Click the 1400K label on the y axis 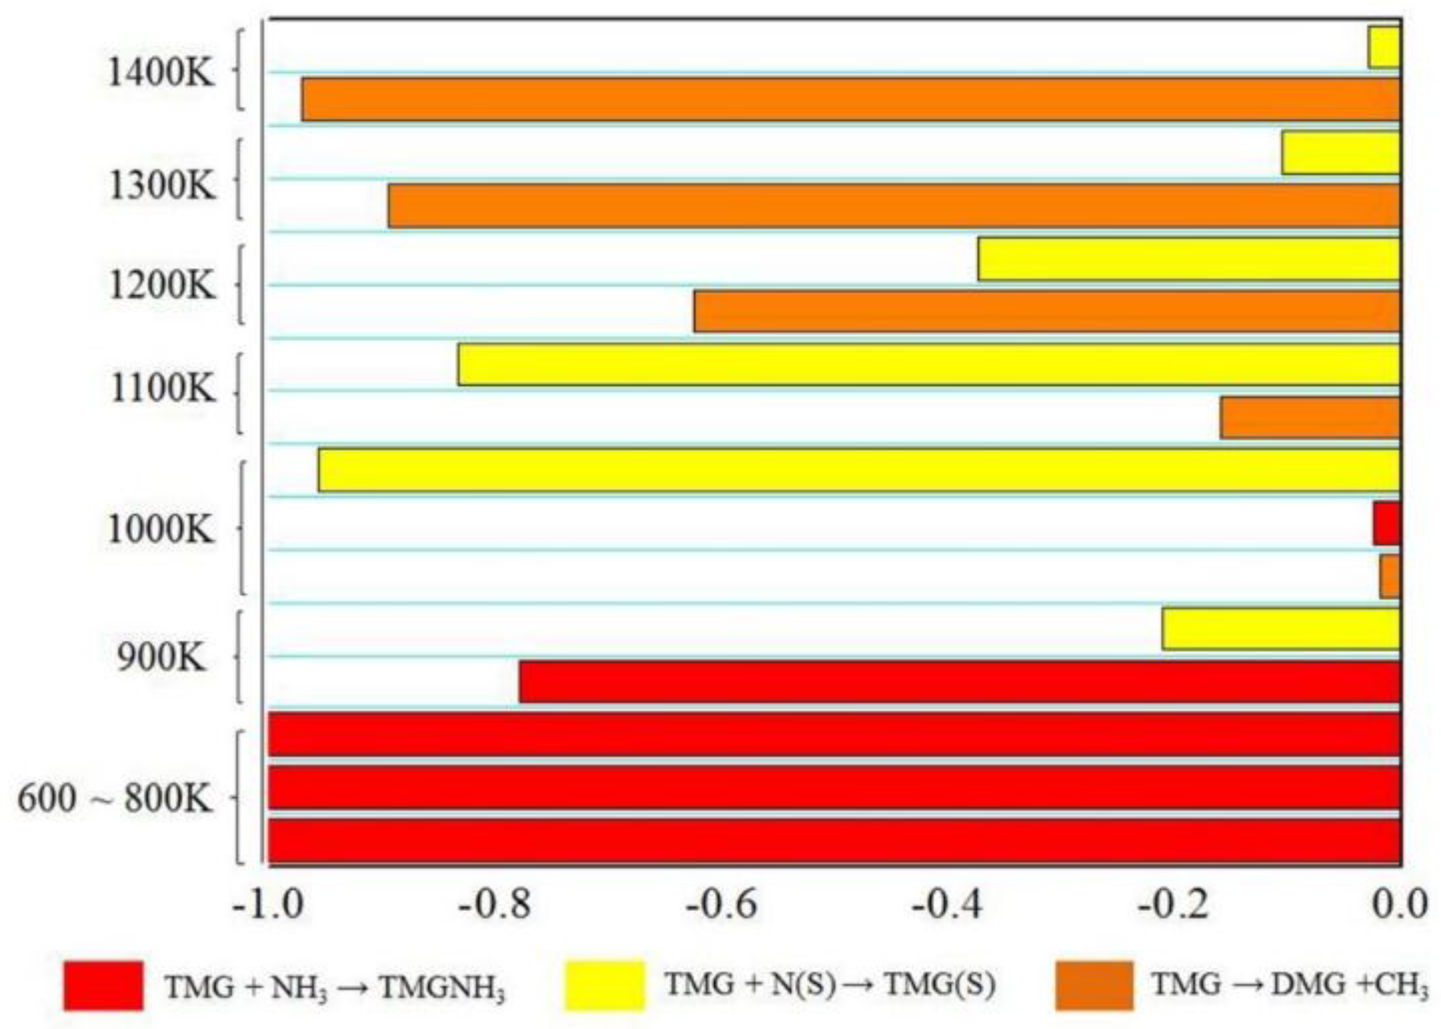162,72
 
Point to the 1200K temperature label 162,286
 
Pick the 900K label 161,659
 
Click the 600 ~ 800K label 115,799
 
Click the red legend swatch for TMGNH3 103,985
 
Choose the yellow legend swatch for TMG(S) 604,985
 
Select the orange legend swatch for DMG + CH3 1095,985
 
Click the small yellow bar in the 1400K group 1384,48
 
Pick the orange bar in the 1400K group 850,99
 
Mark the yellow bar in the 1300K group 1340,153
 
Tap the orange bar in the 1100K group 1310,417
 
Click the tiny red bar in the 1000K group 1386,523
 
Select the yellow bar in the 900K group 1280,629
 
